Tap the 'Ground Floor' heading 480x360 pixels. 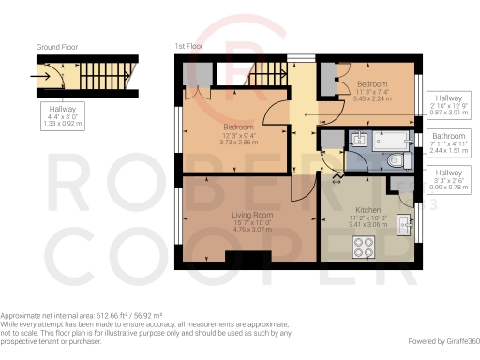[x=56, y=46]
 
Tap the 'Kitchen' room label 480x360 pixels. [x=368, y=210]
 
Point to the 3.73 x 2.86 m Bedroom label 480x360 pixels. [x=237, y=131]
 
